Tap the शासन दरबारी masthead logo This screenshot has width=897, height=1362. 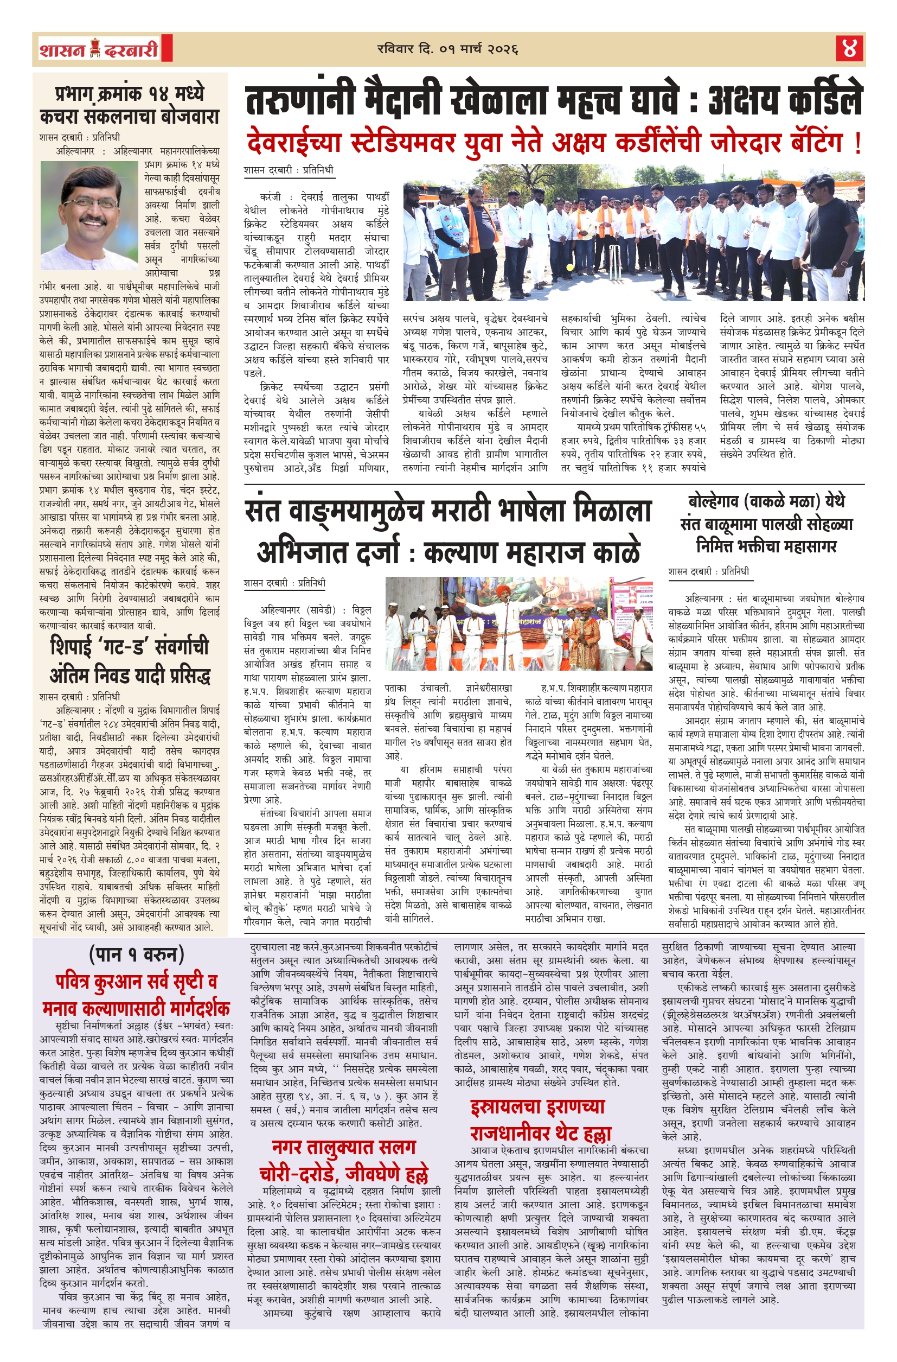tap(99, 49)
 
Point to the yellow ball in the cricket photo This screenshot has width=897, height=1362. tap(569, 268)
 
